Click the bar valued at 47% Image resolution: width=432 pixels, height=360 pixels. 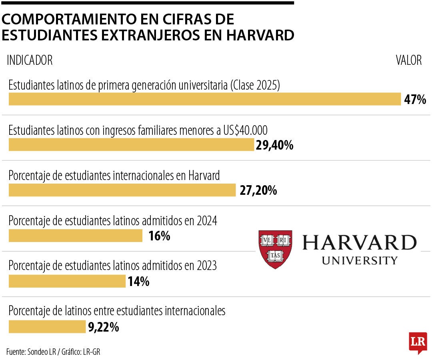[x=204, y=99]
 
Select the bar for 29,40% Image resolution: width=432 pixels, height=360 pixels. [x=131, y=145]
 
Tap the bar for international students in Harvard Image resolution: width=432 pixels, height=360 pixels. [x=122, y=190]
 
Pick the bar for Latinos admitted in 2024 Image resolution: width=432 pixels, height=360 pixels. [x=75, y=236]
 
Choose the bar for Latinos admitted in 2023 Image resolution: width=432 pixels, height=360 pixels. [x=67, y=282]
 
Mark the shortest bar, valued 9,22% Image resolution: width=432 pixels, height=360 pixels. [x=47, y=327]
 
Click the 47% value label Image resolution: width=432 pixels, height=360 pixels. [x=415, y=100]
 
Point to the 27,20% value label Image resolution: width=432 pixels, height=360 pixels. [x=258, y=190]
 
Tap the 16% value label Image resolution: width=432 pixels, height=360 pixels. [x=159, y=236]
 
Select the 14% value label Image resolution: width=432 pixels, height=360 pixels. [x=139, y=282]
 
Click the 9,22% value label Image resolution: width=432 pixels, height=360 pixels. [x=104, y=327]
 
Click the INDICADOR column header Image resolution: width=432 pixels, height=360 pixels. [x=30, y=60]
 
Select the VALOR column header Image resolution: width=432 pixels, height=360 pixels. [x=409, y=60]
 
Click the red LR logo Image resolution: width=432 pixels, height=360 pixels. [x=418, y=342]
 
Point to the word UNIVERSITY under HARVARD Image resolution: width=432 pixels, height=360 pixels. [x=360, y=260]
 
